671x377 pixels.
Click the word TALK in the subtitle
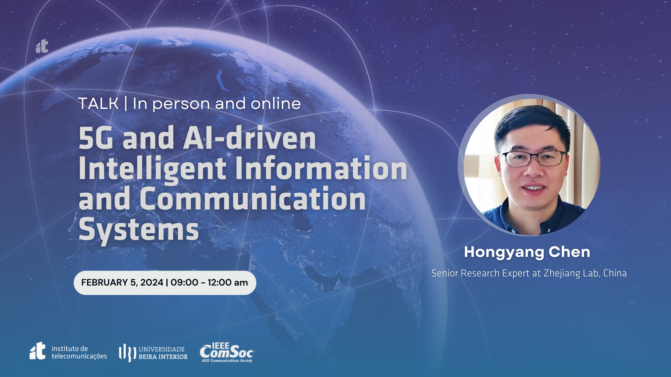tap(98, 104)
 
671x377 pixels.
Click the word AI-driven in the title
tap(250, 138)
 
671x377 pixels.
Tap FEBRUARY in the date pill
tap(104, 282)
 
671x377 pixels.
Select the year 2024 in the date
tap(152, 282)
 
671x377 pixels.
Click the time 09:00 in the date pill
tap(184, 282)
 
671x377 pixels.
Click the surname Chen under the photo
tap(569, 252)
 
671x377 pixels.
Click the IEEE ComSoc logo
tap(227, 353)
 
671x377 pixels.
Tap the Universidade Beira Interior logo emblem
tap(127, 353)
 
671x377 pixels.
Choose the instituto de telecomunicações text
tap(79, 352)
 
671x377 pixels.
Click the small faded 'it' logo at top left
tap(42, 46)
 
